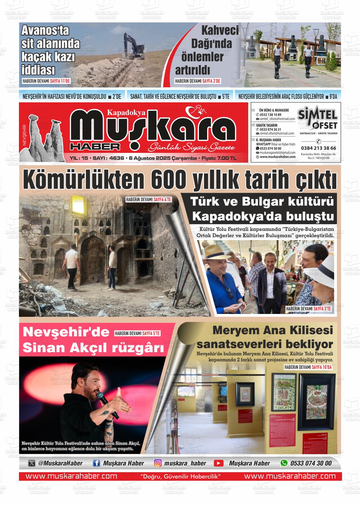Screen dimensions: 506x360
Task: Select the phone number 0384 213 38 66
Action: [x=318, y=148]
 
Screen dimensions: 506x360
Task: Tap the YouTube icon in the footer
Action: [x=219, y=463]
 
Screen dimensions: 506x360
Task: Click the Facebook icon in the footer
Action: [x=97, y=463]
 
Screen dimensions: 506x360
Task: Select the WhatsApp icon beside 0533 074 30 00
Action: [x=284, y=463]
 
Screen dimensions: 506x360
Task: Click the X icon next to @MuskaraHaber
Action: [x=32, y=463]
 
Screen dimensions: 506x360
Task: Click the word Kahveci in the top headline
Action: [x=220, y=31]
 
